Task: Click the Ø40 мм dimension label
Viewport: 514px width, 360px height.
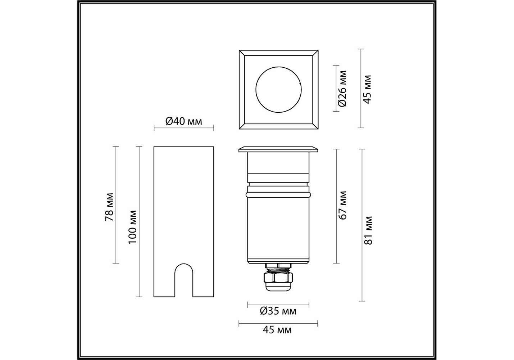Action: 183,121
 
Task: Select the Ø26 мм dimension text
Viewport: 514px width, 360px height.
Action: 342,89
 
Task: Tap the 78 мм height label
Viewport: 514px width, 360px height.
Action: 109,207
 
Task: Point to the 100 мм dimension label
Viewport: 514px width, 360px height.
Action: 132,227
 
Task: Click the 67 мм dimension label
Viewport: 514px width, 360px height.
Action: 342,205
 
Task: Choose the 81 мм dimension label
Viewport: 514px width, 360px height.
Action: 368,230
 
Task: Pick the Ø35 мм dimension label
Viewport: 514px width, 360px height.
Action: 278,311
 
